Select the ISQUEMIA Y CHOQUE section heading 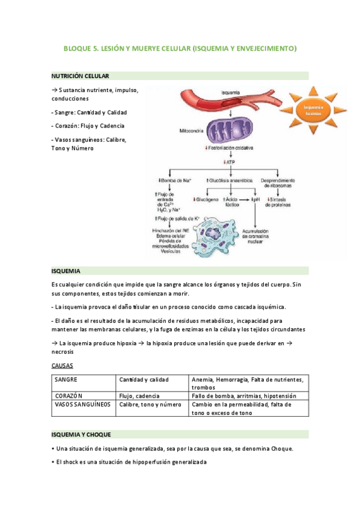coord(85,434)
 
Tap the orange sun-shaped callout coord(312,109)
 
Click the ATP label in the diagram coord(230,162)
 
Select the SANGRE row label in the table coord(66,380)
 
